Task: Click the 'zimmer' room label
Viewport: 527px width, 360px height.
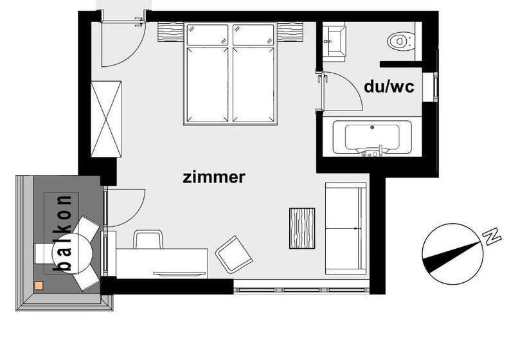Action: click(x=213, y=177)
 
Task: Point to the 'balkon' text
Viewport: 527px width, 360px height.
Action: click(x=64, y=233)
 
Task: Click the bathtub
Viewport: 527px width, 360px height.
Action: click(x=372, y=138)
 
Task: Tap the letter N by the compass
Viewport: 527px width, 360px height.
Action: click(x=492, y=236)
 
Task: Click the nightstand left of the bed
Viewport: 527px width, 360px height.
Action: click(x=171, y=31)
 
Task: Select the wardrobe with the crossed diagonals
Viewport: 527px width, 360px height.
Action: click(x=106, y=118)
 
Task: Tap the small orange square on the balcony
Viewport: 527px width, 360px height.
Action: click(x=39, y=285)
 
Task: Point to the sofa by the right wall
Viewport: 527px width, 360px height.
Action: click(x=346, y=228)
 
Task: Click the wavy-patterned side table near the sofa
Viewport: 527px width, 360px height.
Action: click(x=302, y=228)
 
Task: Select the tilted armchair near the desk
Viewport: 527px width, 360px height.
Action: click(x=233, y=254)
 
